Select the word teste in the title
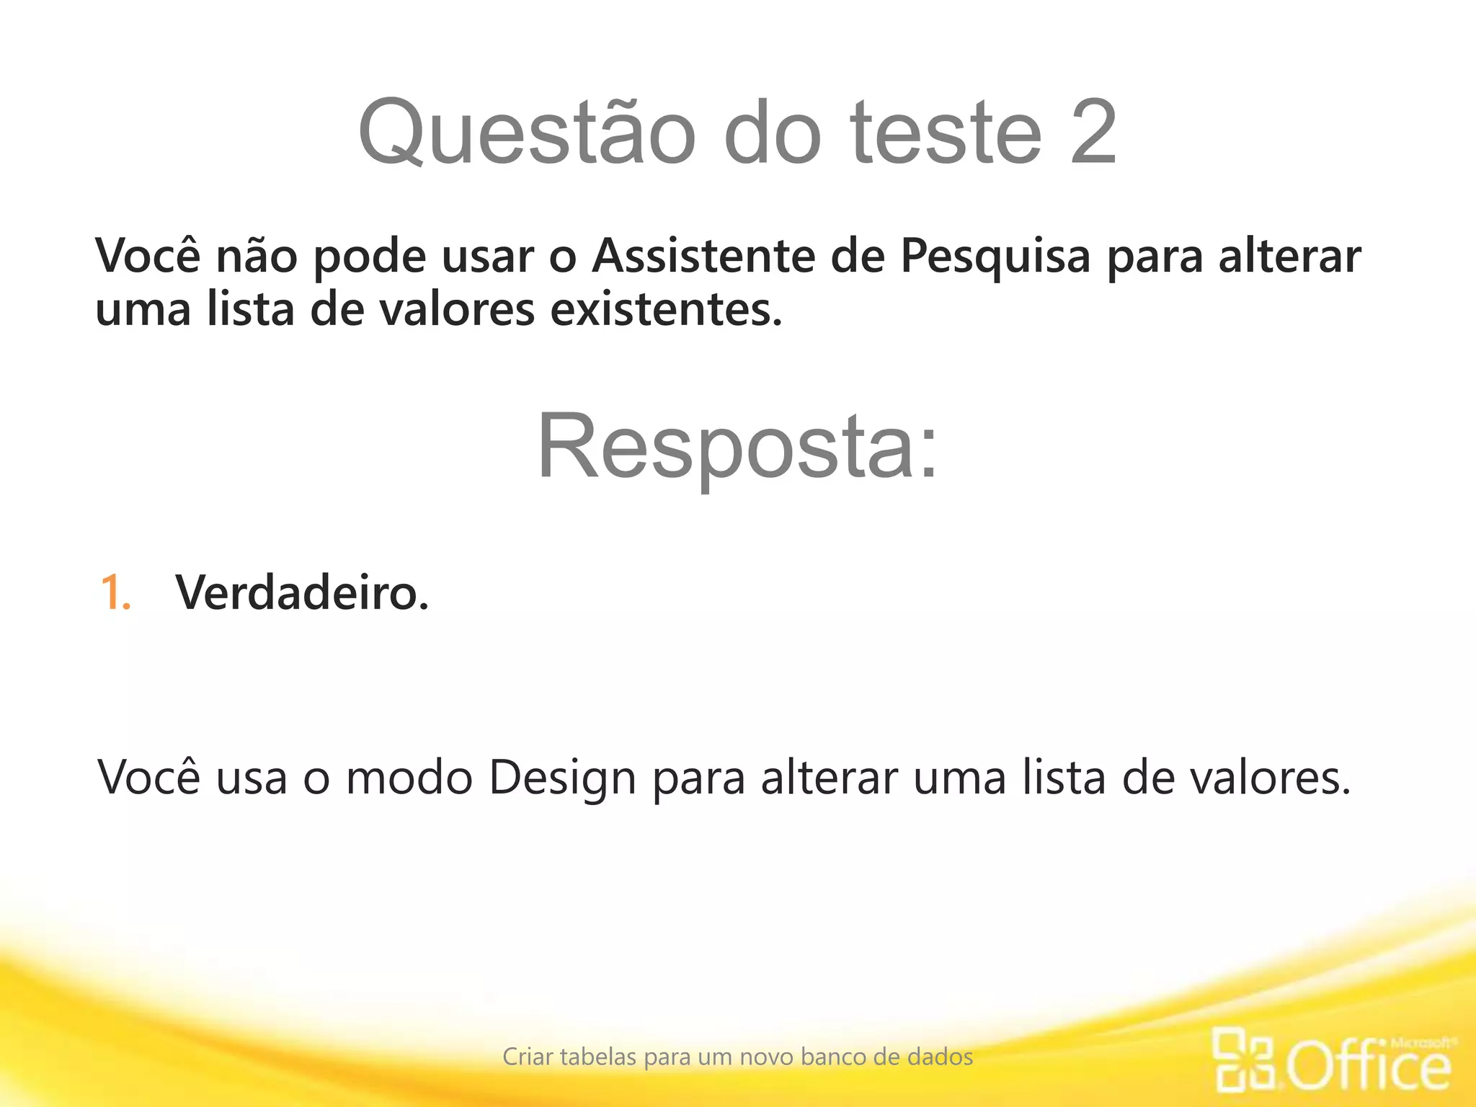point(946,133)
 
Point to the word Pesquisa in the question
point(995,257)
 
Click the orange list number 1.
point(115,593)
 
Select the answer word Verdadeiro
point(302,593)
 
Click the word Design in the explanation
point(562,779)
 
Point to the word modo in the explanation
point(409,778)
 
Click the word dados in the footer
point(940,1057)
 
